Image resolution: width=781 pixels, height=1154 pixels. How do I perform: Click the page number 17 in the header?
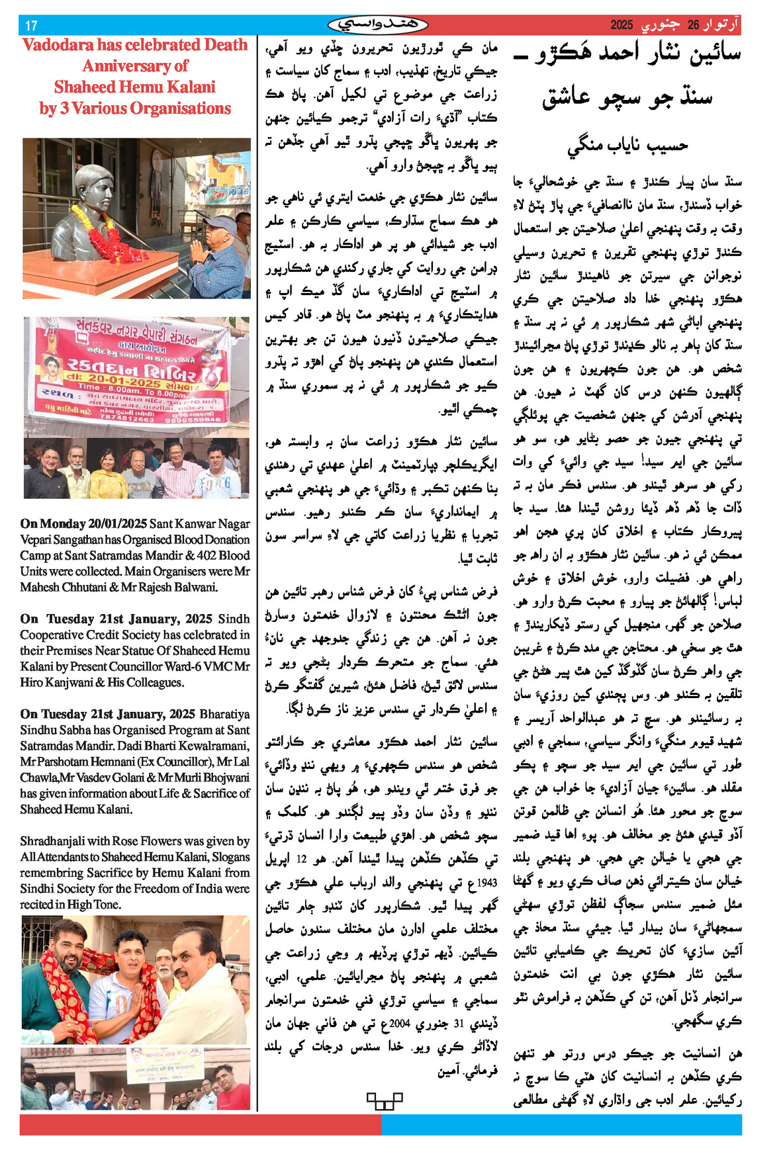click(x=30, y=26)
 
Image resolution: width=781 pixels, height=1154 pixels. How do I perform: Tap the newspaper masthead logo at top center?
click(x=378, y=25)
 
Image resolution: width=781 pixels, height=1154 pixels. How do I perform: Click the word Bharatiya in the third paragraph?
click(x=224, y=714)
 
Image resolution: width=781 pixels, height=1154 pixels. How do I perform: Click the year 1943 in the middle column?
click(x=486, y=882)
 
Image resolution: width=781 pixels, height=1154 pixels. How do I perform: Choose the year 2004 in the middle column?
click(x=400, y=1024)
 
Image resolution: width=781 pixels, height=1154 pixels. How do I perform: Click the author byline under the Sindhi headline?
click(x=627, y=145)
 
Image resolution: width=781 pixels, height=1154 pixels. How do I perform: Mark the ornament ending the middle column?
click(x=385, y=1101)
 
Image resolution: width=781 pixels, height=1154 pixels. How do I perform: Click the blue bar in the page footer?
click(x=561, y=1125)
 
